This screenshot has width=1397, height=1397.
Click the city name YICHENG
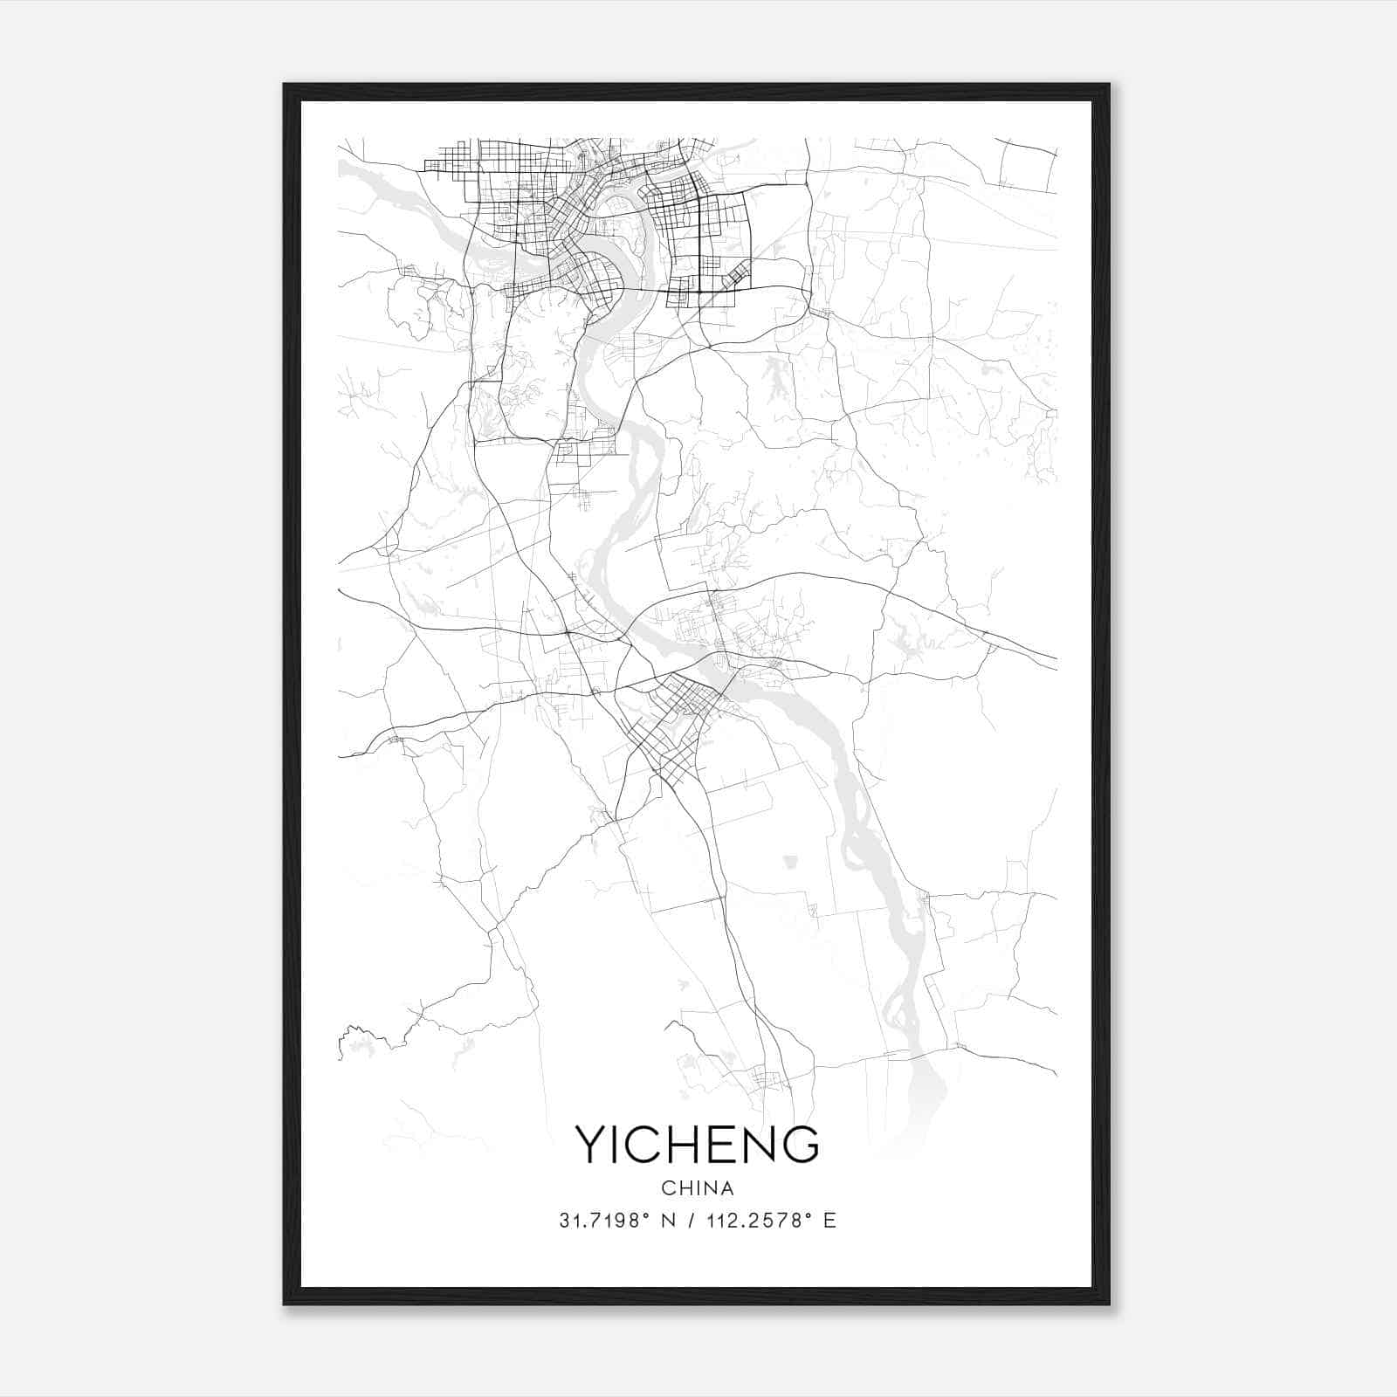(x=697, y=1145)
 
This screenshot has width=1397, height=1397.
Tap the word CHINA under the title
(x=697, y=1188)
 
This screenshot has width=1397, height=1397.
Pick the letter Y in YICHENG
(x=590, y=1145)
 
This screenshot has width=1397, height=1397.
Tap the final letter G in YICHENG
(x=801, y=1145)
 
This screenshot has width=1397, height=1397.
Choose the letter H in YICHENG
(x=690, y=1145)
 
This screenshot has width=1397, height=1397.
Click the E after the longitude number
(x=830, y=1221)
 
